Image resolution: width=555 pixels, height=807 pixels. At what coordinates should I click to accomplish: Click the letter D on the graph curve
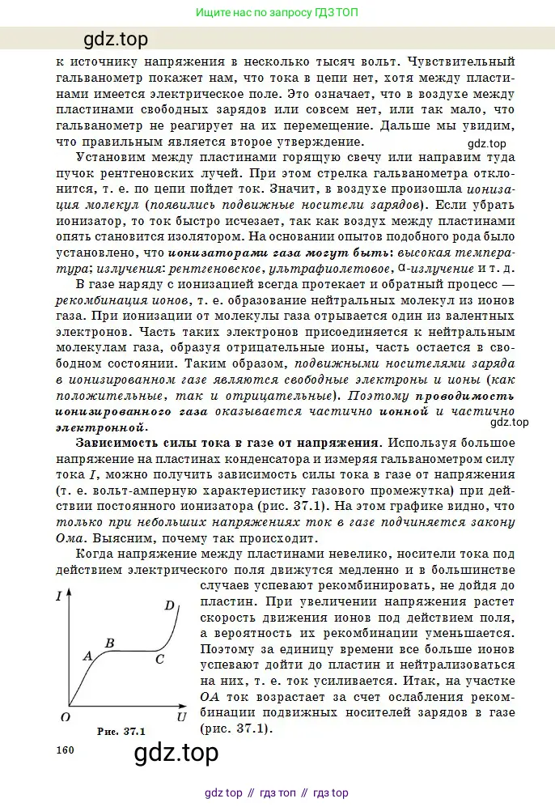pyautogui.click(x=169, y=605)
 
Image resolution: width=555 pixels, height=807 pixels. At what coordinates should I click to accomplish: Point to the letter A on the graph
pyautogui.click(x=87, y=656)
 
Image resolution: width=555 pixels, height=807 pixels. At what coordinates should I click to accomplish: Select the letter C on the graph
pyautogui.click(x=159, y=660)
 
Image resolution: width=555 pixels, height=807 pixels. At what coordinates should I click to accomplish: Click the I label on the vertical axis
pyautogui.click(x=59, y=597)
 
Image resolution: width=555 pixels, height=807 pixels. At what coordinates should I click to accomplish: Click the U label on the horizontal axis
pyautogui.click(x=181, y=716)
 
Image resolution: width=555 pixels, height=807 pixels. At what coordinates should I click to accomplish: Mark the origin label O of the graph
pyautogui.click(x=65, y=716)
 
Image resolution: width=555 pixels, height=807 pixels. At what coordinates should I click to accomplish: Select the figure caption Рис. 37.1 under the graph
pyautogui.click(x=121, y=732)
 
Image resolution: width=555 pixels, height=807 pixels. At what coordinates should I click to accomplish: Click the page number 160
pyautogui.click(x=66, y=750)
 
